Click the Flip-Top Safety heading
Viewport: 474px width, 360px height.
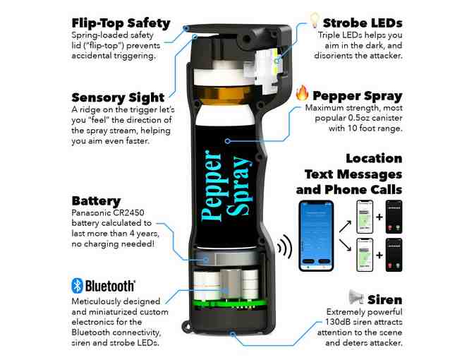pyautogui.click(x=121, y=23)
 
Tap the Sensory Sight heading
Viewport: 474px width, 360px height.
pyautogui.click(x=118, y=97)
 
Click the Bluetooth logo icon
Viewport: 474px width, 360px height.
pyautogui.click(x=78, y=285)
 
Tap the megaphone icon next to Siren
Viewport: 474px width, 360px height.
pyautogui.click(x=356, y=297)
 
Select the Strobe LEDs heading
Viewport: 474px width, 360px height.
pyautogui.click(x=361, y=23)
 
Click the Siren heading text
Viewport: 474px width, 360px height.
pyautogui.click(x=384, y=299)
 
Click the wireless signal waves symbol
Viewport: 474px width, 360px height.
pyautogui.click(x=284, y=246)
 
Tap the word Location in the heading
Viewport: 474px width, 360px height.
pyautogui.click(x=373, y=158)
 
